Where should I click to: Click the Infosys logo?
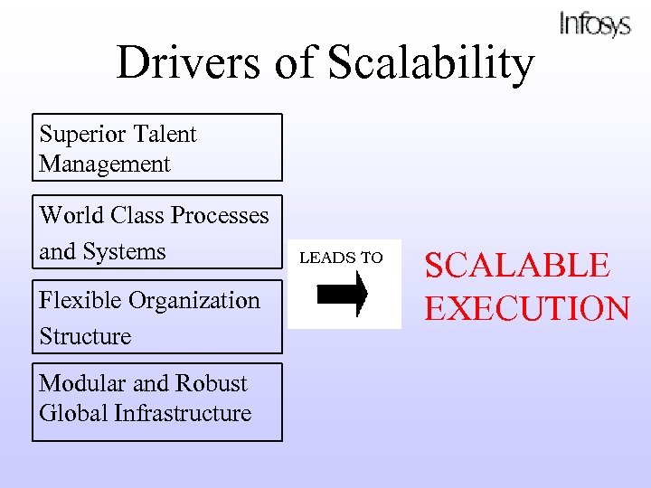coord(594,23)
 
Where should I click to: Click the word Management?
coord(105,164)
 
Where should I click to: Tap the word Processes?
coord(220,215)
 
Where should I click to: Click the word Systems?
coord(127,251)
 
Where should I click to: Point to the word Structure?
coord(85,336)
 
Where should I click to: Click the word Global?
coord(73,413)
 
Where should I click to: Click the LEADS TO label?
coord(341,258)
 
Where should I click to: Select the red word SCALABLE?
coord(517,266)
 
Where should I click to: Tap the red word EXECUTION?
coord(527,308)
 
